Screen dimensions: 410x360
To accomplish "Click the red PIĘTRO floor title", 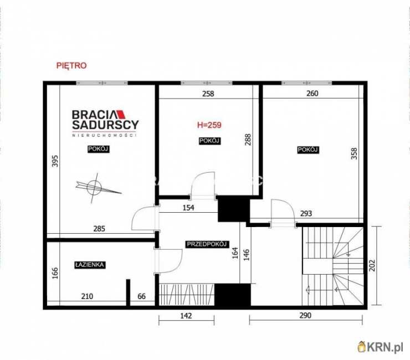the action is point(71,65).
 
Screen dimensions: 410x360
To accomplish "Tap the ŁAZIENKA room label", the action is point(89,265).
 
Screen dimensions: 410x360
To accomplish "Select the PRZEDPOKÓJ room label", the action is point(207,244).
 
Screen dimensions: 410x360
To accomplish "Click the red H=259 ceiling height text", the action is point(209,125).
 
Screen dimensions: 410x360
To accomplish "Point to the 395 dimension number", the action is point(55,161).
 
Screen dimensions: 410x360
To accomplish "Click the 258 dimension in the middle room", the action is point(208,94).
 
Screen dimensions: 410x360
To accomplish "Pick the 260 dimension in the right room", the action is point(312,94).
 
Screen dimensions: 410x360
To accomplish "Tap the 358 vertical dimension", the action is point(354,154).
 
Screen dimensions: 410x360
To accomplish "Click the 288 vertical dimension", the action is point(248,140).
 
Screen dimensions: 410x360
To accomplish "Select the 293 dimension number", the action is point(306,214).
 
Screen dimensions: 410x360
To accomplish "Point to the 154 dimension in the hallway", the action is point(188,208).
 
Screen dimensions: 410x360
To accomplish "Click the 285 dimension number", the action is point(99,229).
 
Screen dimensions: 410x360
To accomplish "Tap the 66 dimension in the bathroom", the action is point(141,296).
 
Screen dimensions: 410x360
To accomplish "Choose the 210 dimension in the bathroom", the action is point(87,296).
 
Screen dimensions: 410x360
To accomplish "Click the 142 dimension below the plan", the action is point(186,316).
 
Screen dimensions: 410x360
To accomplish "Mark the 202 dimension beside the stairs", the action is point(372,265).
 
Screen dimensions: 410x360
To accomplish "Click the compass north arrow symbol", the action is point(98,187).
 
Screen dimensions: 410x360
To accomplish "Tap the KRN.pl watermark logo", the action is point(381,347).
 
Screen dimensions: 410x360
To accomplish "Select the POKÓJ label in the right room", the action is point(307,150).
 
